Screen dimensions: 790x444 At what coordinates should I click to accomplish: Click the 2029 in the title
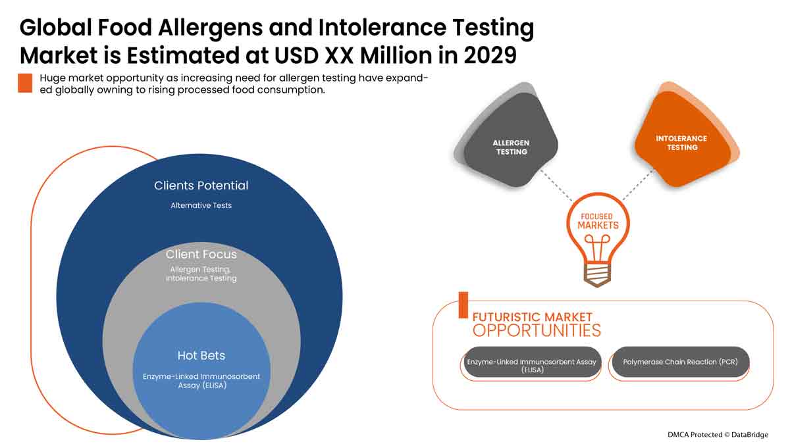coord(490,55)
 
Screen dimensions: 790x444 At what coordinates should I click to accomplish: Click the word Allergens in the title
coord(211,28)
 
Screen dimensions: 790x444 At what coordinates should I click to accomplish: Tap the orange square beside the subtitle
coord(25,83)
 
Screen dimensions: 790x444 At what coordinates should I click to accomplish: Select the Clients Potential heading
coord(201,185)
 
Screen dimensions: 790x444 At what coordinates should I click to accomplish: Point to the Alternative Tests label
coord(201,205)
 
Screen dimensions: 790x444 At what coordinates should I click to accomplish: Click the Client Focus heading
coord(201,254)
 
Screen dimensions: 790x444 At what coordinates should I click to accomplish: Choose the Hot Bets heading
coord(201,355)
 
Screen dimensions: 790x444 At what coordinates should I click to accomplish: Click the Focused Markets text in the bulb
coord(598,221)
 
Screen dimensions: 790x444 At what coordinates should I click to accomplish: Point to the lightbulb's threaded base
coord(597,274)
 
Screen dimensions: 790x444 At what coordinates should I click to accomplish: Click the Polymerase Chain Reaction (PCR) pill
coord(680,362)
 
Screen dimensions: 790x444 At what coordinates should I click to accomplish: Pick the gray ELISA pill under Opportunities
coord(532,362)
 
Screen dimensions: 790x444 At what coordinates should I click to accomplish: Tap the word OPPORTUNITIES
coord(537,330)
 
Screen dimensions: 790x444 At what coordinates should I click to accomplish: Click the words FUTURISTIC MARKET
coord(532,317)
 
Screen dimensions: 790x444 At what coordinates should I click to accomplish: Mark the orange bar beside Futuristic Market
coord(463,305)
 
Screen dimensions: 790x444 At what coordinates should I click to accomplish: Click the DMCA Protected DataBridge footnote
coord(718,435)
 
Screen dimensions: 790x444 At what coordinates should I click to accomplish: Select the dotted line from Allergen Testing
coord(556,185)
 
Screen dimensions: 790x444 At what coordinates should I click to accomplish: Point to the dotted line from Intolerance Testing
coord(639,185)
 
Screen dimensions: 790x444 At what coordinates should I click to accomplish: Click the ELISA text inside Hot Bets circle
coord(201,381)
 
